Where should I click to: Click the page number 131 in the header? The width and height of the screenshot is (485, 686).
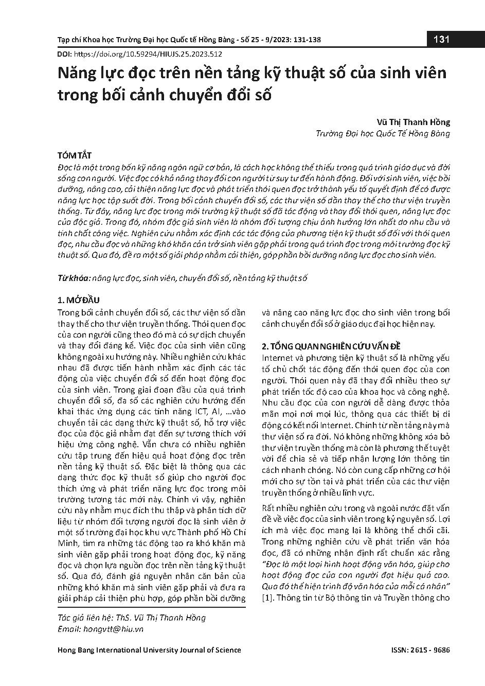click(442, 39)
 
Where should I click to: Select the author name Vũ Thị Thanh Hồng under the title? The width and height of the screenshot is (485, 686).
click(413, 122)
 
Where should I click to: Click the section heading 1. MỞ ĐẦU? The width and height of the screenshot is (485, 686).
click(78, 300)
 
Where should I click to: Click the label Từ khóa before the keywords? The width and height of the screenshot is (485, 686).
click(73, 278)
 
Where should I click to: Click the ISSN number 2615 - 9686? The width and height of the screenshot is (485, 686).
click(432, 650)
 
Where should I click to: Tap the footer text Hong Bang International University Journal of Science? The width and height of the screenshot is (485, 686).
click(149, 650)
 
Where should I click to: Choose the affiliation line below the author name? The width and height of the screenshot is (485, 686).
click(383, 134)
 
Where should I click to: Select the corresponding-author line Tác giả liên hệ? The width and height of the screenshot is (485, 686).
click(132, 618)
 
